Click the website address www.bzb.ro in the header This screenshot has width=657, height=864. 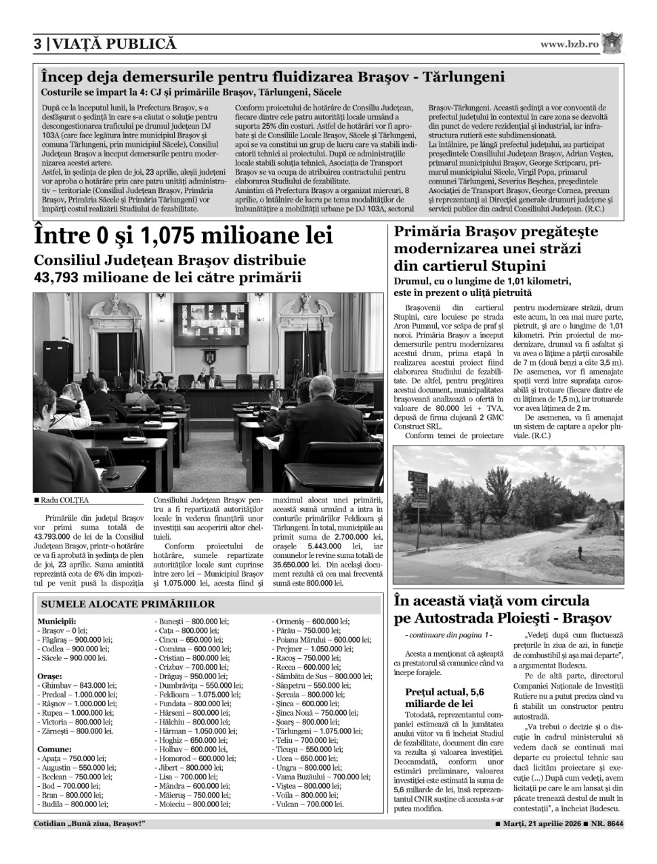pos(569,44)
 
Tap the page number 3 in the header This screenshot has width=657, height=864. pos(38,44)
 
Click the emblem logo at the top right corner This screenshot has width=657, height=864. pos(612,43)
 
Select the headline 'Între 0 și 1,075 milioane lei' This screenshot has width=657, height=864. pos(184,236)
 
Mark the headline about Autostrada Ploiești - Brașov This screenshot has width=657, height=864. pos(503,609)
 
